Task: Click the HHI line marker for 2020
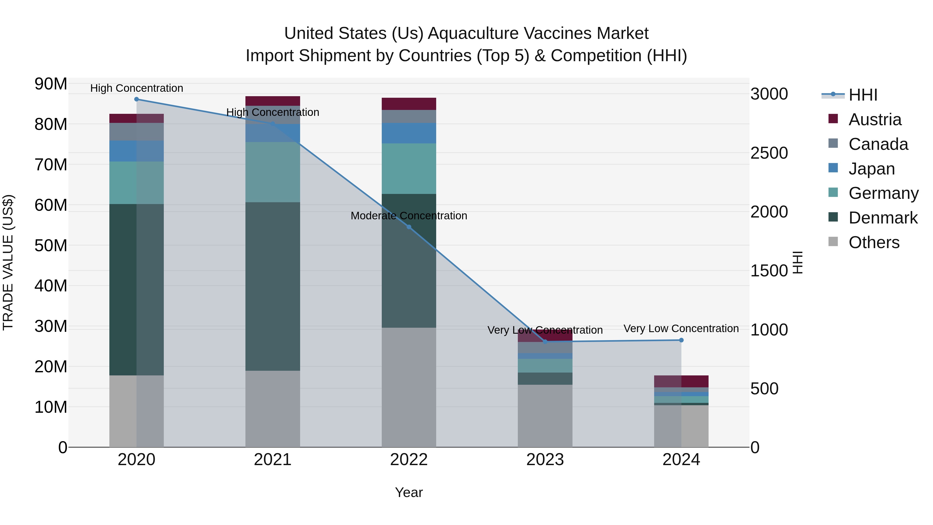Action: coord(137,99)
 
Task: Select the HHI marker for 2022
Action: coord(409,227)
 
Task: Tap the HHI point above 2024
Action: coord(681,340)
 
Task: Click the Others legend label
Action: coord(874,242)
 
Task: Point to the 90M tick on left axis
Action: coord(51,84)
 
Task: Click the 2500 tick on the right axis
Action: coord(769,153)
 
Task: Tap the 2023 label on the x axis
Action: coord(545,460)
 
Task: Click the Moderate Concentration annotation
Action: coord(409,216)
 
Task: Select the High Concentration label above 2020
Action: coord(137,88)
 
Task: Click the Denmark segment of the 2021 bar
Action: coord(273,286)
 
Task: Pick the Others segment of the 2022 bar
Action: coord(409,387)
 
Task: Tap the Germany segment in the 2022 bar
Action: coord(409,169)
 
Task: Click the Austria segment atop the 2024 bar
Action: coord(681,382)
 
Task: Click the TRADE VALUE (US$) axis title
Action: coord(8,262)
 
